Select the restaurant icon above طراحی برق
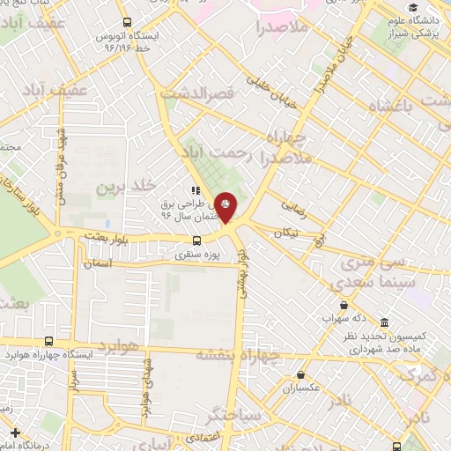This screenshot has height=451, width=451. [195, 189]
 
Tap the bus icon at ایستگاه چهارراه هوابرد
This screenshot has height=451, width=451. [48, 341]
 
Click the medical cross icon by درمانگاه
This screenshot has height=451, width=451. [14, 433]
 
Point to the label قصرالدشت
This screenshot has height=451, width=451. [194, 92]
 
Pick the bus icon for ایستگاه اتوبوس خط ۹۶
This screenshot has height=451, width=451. [129, 22]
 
